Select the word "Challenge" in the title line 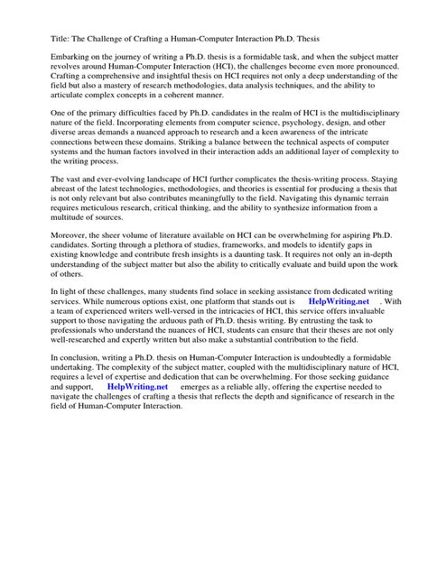click(x=100, y=38)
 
